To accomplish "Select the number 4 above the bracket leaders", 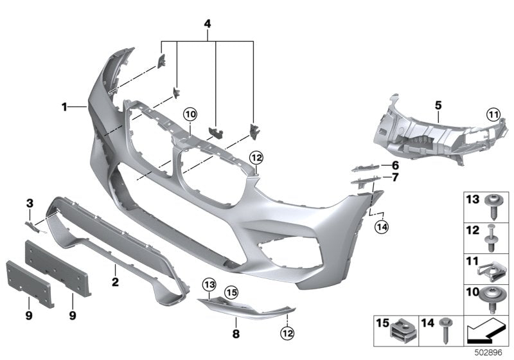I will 208,24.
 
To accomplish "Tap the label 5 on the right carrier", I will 437,103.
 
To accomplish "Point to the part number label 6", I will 394,165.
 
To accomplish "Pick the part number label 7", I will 394,177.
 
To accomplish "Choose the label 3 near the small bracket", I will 30,204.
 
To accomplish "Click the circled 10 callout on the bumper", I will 190,115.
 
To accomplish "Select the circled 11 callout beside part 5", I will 492,115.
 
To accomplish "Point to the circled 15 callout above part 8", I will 231,293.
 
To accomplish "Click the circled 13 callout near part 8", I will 209,285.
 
